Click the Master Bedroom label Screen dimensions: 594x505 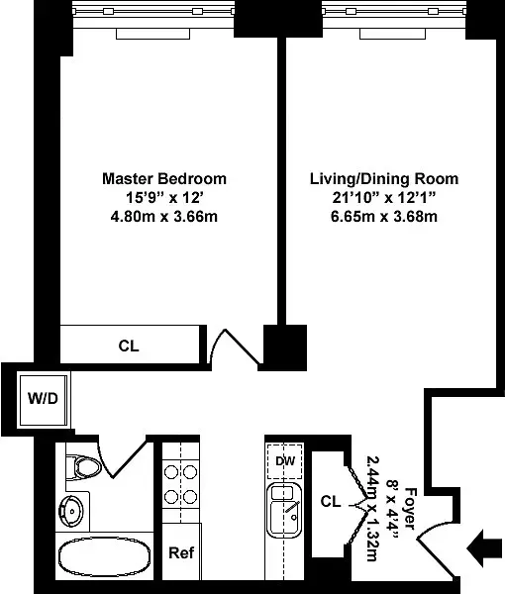point(164,179)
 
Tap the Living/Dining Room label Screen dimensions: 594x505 point(384,179)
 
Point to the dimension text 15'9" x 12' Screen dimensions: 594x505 point(164,198)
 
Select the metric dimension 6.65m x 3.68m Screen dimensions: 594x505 point(384,217)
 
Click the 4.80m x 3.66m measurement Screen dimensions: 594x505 point(164,217)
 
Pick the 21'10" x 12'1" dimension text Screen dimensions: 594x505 point(384,198)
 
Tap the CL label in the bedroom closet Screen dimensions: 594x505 point(129,346)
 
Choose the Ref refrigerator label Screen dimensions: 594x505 point(180,552)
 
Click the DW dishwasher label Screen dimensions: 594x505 point(284,460)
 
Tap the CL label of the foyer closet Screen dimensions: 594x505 point(332,502)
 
